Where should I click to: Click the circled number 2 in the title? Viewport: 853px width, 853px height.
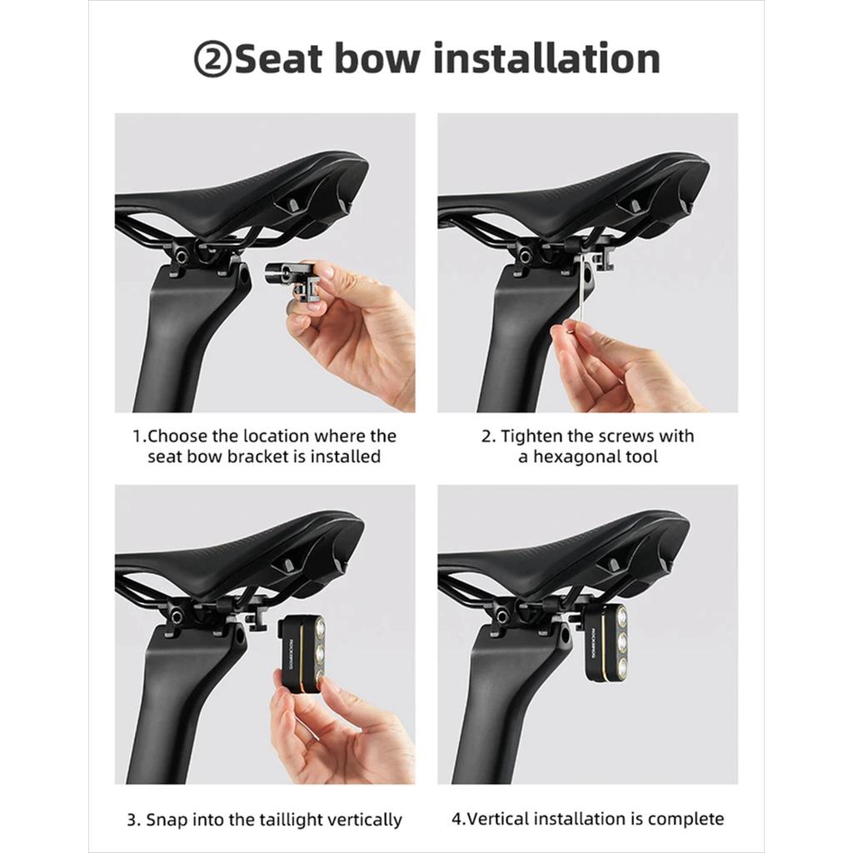pyautogui.click(x=212, y=59)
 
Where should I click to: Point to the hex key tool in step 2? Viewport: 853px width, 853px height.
pyautogui.click(x=582, y=291)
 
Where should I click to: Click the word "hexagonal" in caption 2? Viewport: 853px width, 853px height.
pyautogui.click(x=576, y=456)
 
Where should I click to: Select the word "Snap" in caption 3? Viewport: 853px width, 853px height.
pyautogui.click(x=166, y=820)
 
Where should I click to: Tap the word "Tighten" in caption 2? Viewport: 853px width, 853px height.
pyautogui.click(x=531, y=436)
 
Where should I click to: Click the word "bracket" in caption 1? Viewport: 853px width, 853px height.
pyautogui.click(x=257, y=456)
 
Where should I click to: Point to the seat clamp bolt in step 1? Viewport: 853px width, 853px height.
pyautogui.click(x=179, y=255)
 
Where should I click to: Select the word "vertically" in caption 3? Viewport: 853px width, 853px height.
pyautogui.click(x=372, y=820)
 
